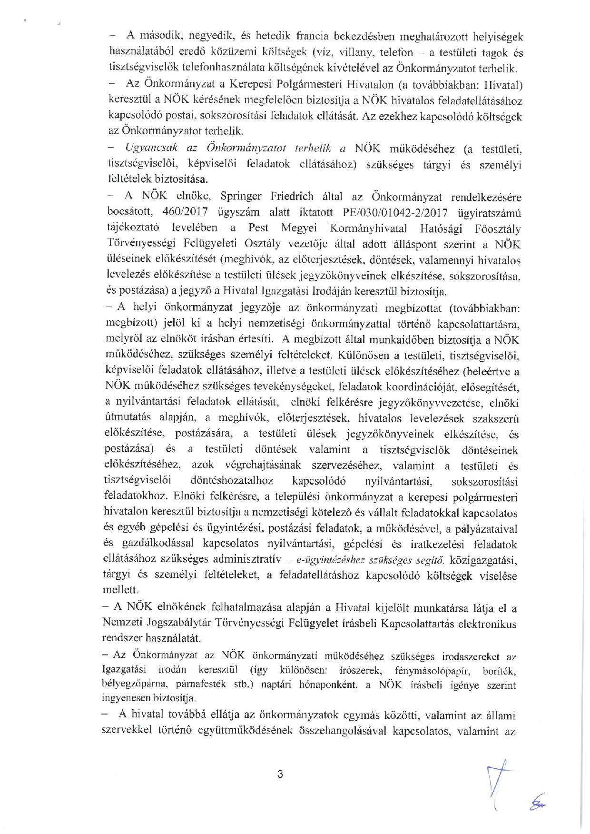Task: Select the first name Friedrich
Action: coord(293,196)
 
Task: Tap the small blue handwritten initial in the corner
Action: coord(538,804)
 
